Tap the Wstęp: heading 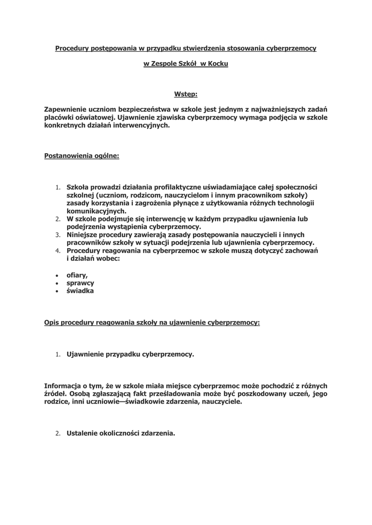point(186,94)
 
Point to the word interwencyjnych point(141,125)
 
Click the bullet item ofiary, point(77,275)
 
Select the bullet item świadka point(80,291)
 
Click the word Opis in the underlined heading point(52,323)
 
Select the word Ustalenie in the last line point(83,433)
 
